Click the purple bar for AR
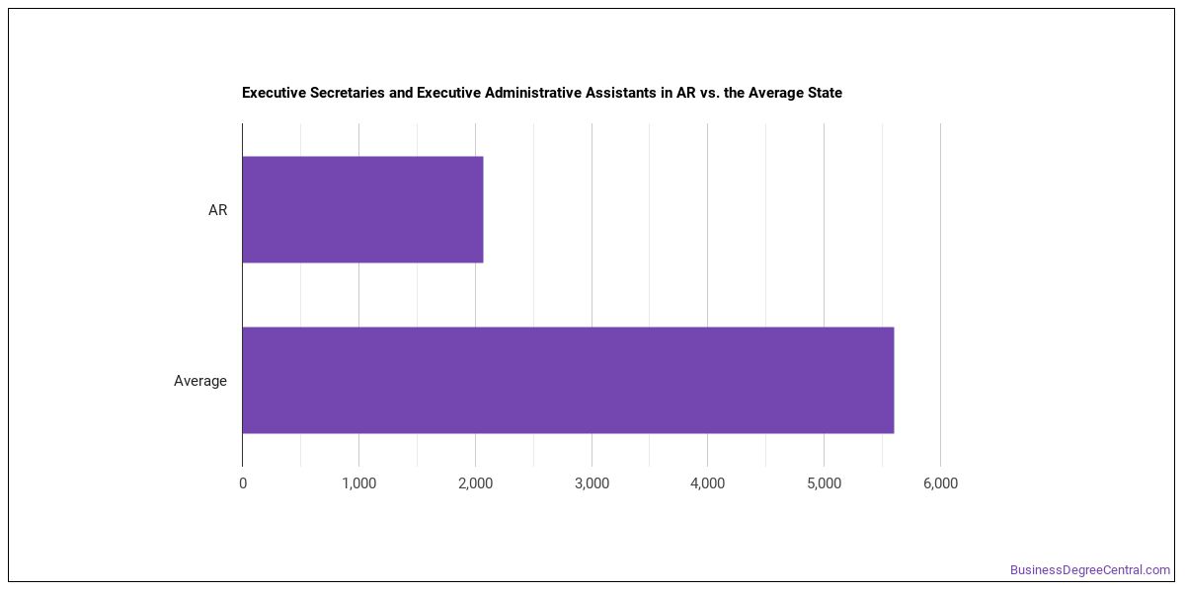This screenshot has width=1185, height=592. click(363, 209)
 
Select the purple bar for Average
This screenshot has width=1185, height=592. click(568, 380)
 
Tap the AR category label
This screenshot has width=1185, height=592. click(217, 210)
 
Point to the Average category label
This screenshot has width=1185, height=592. click(199, 381)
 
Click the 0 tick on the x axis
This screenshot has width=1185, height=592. click(243, 483)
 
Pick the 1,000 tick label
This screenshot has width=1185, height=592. click(359, 483)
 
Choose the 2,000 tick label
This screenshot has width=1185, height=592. click(476, 483)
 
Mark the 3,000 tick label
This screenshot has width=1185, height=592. click(592, 483)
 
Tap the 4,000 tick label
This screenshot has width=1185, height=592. click(708, 483)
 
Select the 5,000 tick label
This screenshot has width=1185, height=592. click(825, 483)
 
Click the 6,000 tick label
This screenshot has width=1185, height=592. click(940, 483)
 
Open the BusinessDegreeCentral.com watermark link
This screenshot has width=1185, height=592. click(1090, 570)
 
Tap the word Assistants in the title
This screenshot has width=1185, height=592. click(620, 93)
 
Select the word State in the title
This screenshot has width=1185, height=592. click(825, 93)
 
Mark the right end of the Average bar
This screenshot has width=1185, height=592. click(894, 380)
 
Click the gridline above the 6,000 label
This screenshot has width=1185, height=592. click(940, 295)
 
